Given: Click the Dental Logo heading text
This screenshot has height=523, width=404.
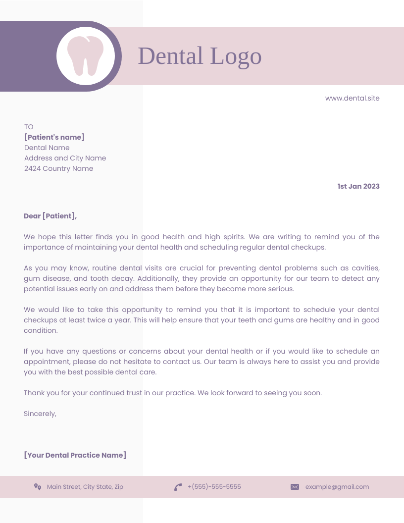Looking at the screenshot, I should click(x=200, y=55).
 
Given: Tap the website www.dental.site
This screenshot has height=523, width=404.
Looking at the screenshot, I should click(x=352, y=98).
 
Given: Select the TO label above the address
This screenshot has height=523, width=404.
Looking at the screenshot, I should click(x=29, y=127).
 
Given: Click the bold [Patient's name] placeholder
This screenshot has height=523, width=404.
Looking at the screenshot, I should click(x=54, y=137).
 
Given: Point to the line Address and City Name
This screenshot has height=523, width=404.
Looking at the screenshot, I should click(x=65, y=158).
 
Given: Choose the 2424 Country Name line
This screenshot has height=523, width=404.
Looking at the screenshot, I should click(x=58, y=168).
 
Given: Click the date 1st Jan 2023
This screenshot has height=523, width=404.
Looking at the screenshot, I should click(x=358, y=186).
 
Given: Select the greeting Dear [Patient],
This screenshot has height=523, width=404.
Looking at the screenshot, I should click(x=50, y=216).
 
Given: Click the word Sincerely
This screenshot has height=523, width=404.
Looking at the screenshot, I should click(x=40, y=414).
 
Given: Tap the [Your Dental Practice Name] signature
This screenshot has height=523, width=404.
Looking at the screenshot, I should click(x=75, y=455).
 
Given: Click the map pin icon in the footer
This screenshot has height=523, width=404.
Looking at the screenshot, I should click(x=38, y=487).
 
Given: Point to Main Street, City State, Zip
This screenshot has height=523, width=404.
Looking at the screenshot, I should click(x=85, y=487).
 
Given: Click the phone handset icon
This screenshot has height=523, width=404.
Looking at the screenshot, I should click(x=178, y=487).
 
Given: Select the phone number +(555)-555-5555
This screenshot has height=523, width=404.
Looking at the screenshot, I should click(x=214, y=487).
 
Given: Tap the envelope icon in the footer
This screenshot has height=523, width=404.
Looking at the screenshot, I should click(x=295, y=487).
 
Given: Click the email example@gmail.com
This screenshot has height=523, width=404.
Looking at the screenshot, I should click(x=337, y=487).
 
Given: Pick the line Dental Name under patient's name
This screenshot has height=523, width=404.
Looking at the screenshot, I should click(x=47, y=148).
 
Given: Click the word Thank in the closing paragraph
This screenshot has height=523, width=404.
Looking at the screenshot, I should click(x=34, y=393).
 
